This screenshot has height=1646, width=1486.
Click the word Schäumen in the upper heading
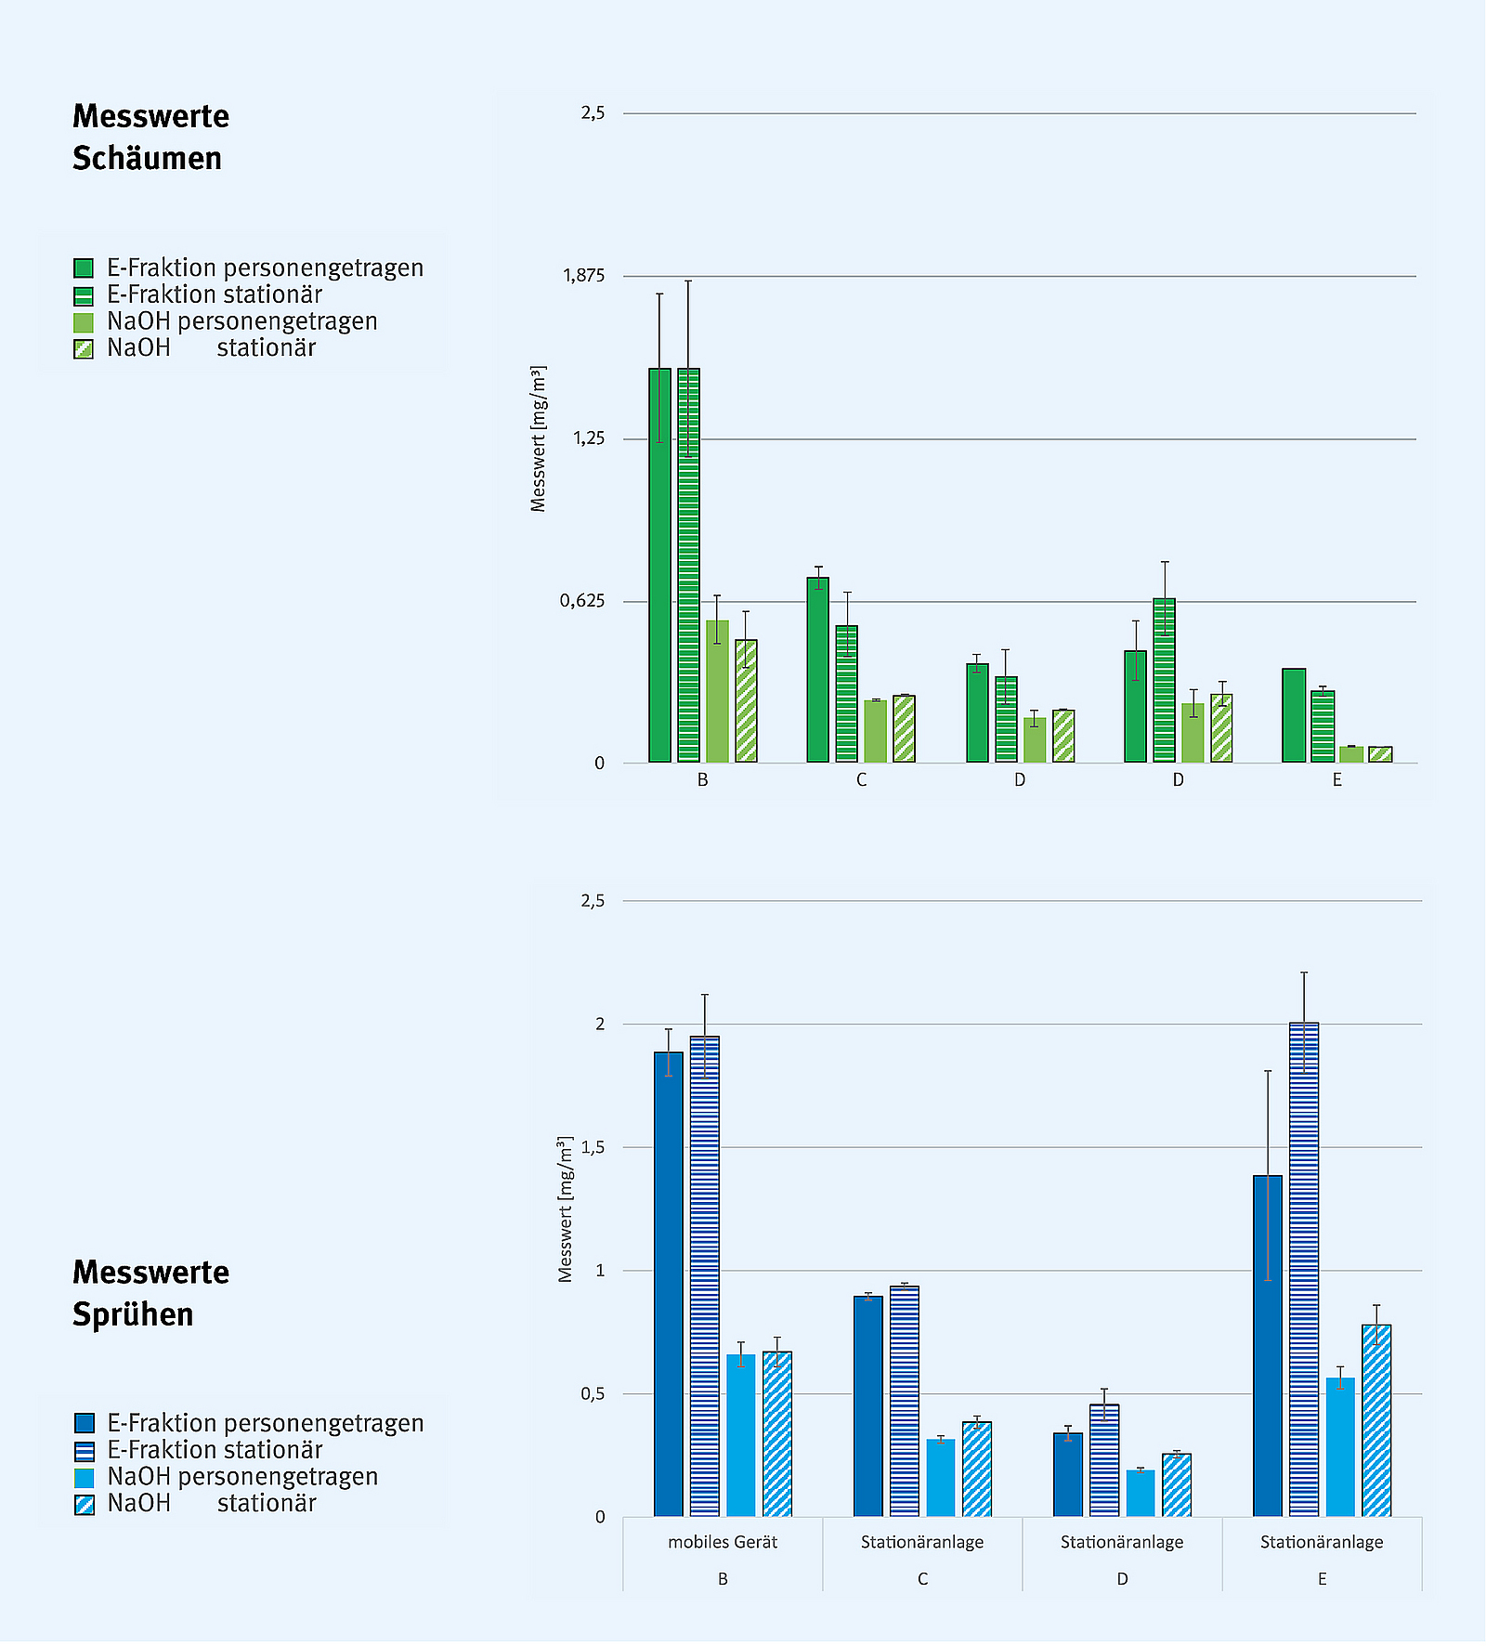click(x=147, y=159)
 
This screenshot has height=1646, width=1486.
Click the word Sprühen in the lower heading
click(x=133, y=1314)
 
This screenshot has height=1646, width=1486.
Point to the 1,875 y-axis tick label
click(x=583, y=276)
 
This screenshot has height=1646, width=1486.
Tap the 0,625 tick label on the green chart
click(x=582, y=601)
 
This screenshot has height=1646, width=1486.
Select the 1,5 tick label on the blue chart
click(x=593, y=1147)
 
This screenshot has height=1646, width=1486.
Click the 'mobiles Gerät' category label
click(x=723, y=1542)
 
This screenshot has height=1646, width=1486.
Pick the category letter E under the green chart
click(x=1336, y=780)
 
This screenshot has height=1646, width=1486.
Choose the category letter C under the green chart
click(x=861, y=780)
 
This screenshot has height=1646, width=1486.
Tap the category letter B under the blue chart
click(x=723, y=1579)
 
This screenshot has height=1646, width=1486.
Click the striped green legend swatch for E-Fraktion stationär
click(x=84, y=296)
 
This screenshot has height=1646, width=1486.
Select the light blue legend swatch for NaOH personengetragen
click(x=84, y=1478)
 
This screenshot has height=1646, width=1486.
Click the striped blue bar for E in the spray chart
click(x=1304, y=1273)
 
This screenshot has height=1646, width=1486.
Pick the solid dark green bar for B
click(x=659, y=567)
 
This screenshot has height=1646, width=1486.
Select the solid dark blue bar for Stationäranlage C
click(x=868, y=1407)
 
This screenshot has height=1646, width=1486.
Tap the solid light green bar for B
click(x=717, y=692)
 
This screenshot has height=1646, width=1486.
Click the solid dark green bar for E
click(x=1294, y=715)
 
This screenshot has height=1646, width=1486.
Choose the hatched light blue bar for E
click(x=1376, y=1421)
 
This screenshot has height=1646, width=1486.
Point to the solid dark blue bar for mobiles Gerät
click(x=669, y=1287)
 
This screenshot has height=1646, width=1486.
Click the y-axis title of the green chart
click(x=538, y=438)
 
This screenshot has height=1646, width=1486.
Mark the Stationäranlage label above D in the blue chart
click(x=1122, y=1542)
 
